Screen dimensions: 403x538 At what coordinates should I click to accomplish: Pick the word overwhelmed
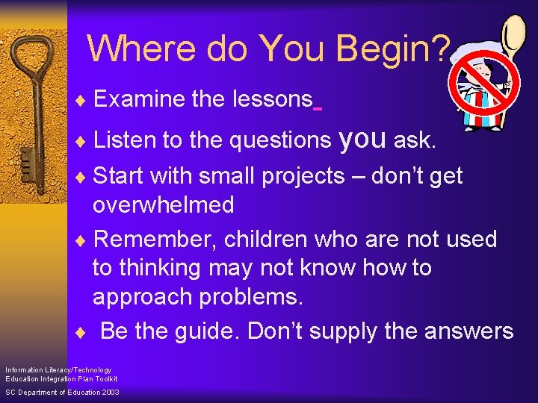click(163, 204)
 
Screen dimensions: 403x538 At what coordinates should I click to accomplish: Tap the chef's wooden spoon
click(513, 41)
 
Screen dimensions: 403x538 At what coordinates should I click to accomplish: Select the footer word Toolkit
click(105, 379)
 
